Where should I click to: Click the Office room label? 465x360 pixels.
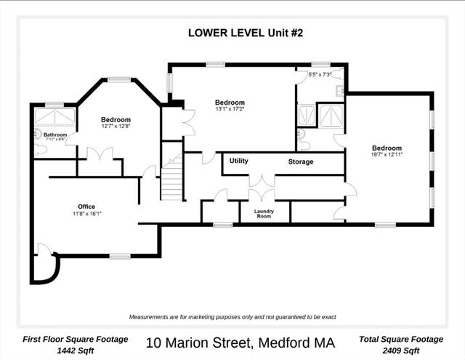pyautogui.click(x=86, y=207)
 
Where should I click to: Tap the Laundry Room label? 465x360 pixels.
pyautogui.click(x=264, y=214)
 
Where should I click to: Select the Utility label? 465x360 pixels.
pyautogui.click(x=239, y=161)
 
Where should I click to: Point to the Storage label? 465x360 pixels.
pyautogui.click(x=301, y=161)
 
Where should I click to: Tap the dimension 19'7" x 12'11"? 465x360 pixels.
pyautogui.click(x=387, y=154)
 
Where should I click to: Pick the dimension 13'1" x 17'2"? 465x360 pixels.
pyautogui.click(x=230, y=109)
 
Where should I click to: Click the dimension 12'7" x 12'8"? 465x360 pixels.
pyautogui.click(x=116, y=126)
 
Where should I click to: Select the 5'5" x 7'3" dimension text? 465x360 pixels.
pyautogui.click(x=320, y=75)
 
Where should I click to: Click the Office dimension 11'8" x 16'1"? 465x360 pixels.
pyautogui.click(x=87, y=214)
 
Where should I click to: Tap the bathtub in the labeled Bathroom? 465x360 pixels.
pyautogui.click(x=55, y=117)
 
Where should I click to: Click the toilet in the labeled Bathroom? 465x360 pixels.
pyautogui.click(x=41, y=150)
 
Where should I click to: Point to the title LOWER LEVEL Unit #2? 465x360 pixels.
pyautogui.click(x=246, y=33)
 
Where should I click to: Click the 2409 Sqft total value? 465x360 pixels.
pyautogui.click(x=401, y=351)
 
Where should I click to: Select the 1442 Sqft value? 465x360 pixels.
pyautogui.click(x=76, y=351)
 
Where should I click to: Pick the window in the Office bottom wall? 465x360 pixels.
pyautogui.click(x=120, y=256)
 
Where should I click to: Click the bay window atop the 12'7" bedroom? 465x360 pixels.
pyautogui.click(x=119, y=79)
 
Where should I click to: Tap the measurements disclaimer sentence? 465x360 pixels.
pyautogui.click(x=232, y=317)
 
